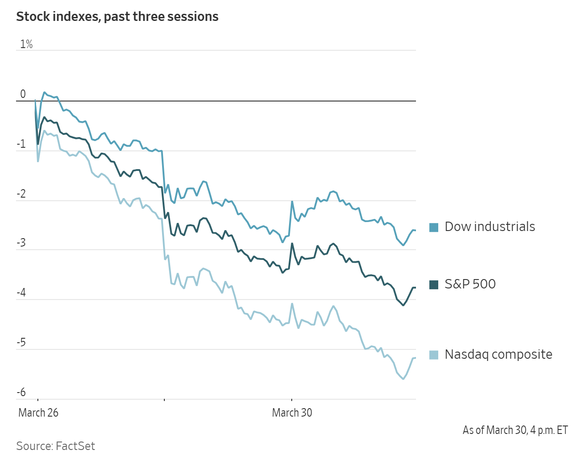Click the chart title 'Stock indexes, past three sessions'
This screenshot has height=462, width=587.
tap(117, 17)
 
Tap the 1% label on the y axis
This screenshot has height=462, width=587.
tap(26, 44)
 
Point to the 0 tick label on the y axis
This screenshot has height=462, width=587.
tap(23, 94)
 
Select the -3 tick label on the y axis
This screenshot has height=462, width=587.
tap(21, 243)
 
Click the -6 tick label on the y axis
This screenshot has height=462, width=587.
tap(21, 392)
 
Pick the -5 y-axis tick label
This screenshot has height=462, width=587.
tap(21, 342)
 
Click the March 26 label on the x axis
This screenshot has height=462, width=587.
tap(38, 413)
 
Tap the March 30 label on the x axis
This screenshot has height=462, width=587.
tap(292, 413)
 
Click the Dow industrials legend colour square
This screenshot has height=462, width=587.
tap(434, 227)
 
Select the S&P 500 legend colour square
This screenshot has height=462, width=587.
tap(434, 285)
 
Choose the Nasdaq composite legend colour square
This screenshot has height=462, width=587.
tap(434, 355)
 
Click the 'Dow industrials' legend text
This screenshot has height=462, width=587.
tap(490, 227)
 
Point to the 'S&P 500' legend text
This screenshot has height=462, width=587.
tap(470, 284)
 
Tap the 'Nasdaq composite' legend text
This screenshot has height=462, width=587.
tap(498, 354)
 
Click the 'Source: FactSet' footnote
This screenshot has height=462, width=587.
tap(56, 446)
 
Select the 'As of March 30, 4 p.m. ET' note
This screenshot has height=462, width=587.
tap(515, 430)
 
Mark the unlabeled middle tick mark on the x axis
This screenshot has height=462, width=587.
tap(164, 400)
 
